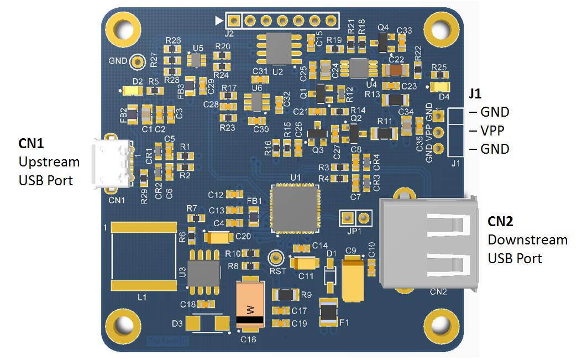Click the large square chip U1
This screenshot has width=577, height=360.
295,207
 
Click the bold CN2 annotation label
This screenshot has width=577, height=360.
500,222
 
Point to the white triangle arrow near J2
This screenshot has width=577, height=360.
219,21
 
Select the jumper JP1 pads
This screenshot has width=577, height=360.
355,217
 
